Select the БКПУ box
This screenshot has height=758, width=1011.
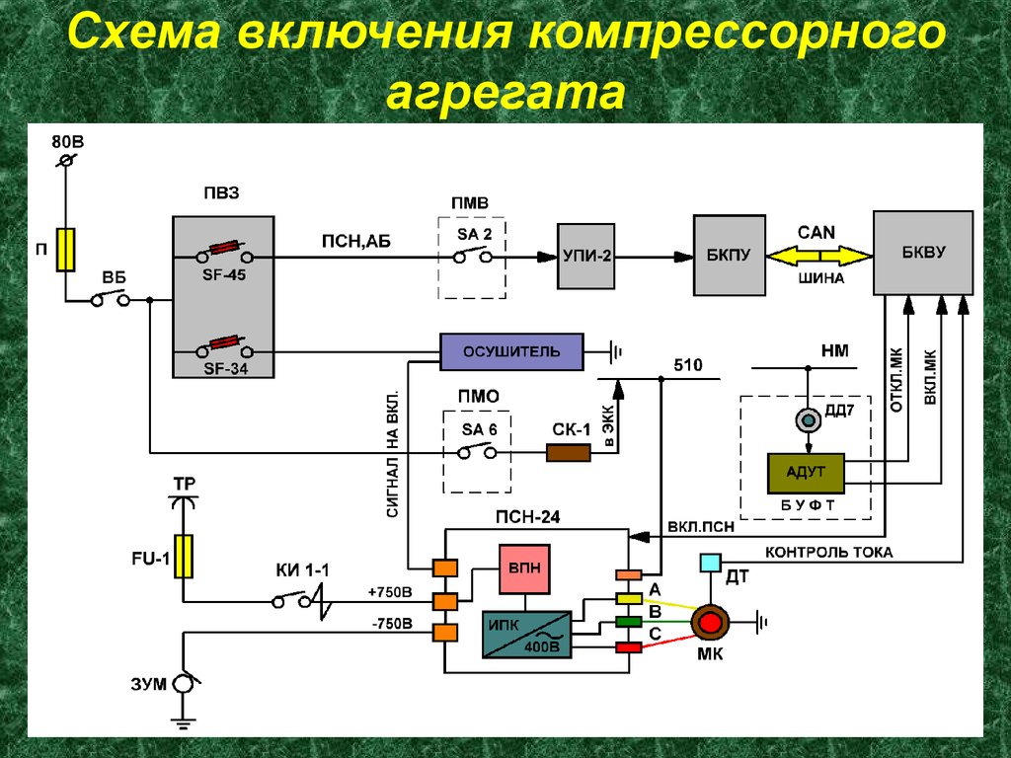(x=730, y=255)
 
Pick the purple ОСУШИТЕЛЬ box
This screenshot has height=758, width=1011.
(x=511, y=351)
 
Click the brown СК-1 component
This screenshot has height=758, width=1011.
(x=569, y=452)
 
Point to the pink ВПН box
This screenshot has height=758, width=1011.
(x=523, y=569)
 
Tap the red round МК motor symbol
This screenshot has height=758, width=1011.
(x=709, y=621)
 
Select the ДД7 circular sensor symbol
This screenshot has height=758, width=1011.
(x=809, y=421)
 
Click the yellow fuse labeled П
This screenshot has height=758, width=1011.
(x=66, y=249)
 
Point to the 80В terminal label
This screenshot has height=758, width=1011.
(x=68, y=141)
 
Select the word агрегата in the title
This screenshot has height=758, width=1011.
(x=505, y=94)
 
